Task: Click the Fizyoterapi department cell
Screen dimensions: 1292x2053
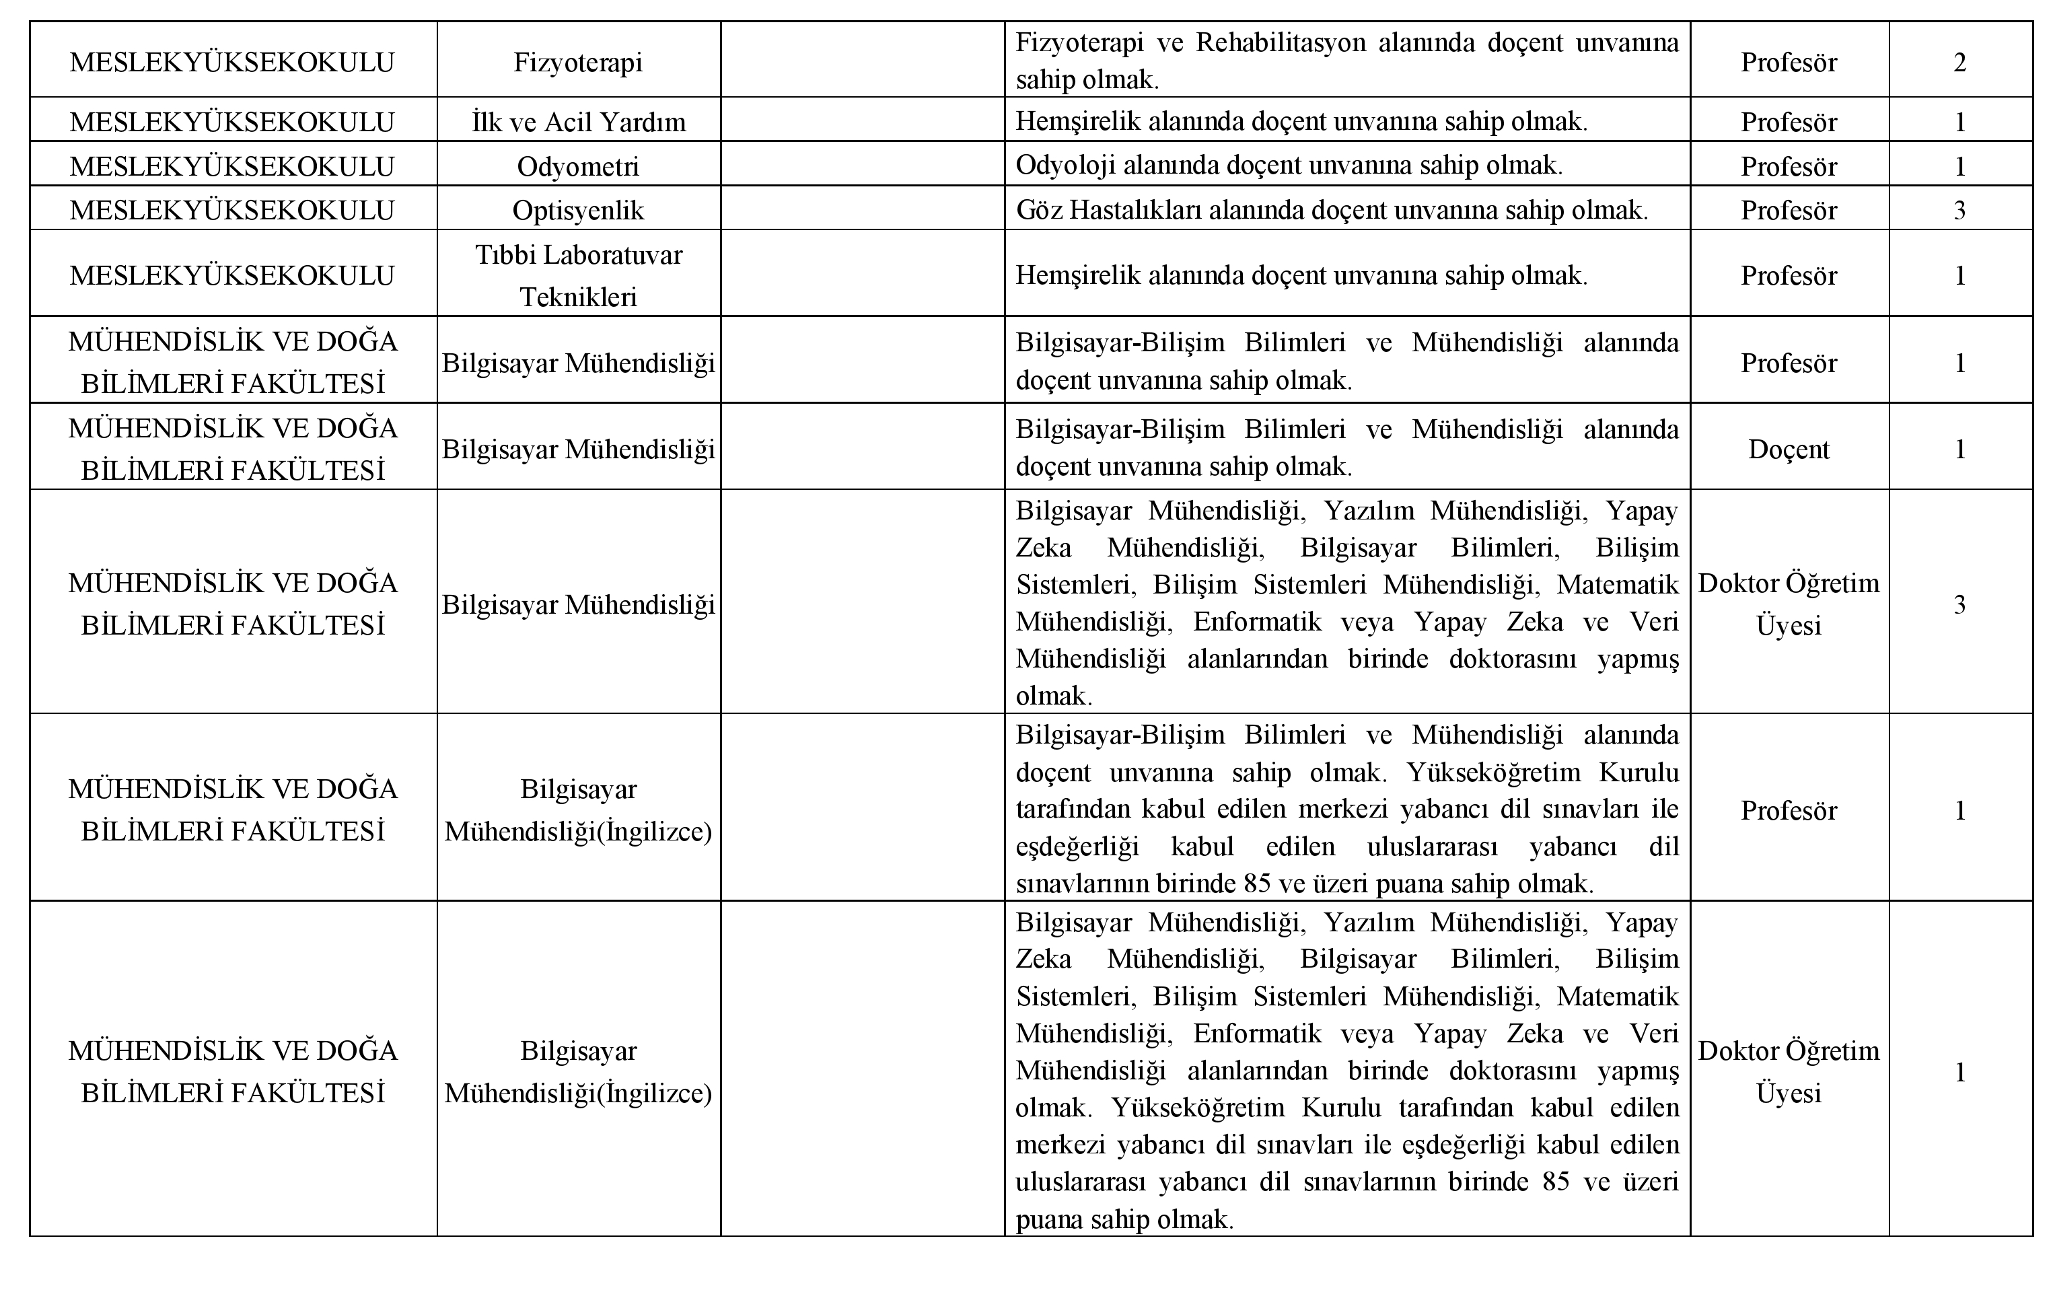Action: pyautogui.click(x=578, y=63)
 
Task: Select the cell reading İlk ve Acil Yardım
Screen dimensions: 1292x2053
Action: pyautogui.click(x=578, y=122)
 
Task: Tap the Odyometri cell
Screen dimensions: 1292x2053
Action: pyautogui.click(x=578, y=166)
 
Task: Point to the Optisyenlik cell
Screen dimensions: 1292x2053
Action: pyautogui.click(x=578, y=210)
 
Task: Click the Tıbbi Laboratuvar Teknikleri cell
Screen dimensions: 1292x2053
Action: pyautogui.click(x=578, y=275)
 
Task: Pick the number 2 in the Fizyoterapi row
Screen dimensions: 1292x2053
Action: pyautogui.click(x=1959, y=63)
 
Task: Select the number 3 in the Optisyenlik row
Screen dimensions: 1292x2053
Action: pyautogui.click(x=1959, y=210)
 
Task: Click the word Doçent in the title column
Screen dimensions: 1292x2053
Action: pyautogui.click(x=1788, y=450)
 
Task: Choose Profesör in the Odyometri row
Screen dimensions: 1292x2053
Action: pyautogui.click(x=1788, y=166)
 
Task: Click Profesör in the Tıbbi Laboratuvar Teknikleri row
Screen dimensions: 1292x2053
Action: pyautogui.click(x=1788, y=275)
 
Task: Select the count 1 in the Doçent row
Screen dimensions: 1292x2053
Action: pyautogui.click(x=1959, y=450)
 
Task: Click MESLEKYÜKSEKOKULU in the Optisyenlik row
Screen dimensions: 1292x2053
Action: pyautogui.click(x=232, y=210)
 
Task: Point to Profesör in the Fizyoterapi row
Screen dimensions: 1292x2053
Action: pyautogui.click(x=1788, y=63)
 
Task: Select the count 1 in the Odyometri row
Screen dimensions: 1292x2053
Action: pyautogui.click(x=1959, y=166)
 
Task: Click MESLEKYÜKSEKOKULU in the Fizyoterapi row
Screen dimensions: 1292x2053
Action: pyautogui.click(x=232, y=63)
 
